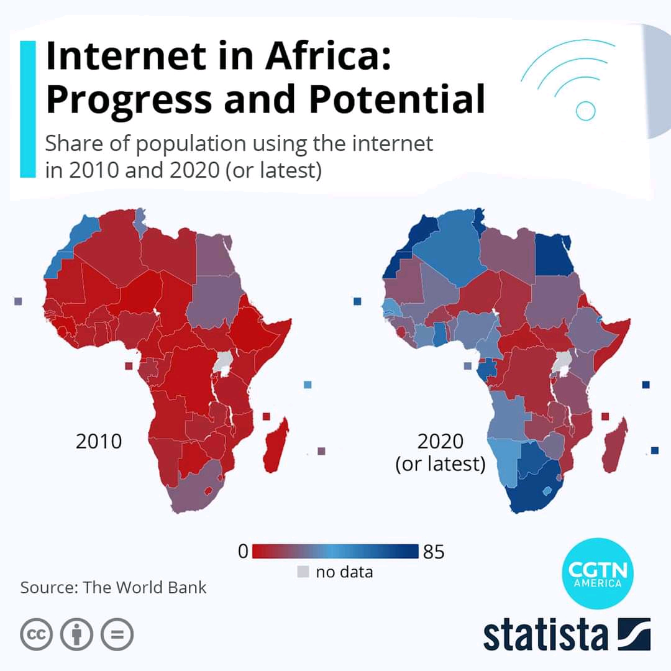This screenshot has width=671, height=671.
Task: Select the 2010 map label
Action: point(99,442)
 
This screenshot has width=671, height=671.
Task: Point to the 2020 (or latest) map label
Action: point(440,452)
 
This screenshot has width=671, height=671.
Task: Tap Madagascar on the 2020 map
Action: point(614,446)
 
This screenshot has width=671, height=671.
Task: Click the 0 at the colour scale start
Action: point(243,552)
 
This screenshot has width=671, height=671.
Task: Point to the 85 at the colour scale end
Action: point(434,552)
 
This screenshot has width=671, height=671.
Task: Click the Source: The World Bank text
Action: point(113,587)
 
